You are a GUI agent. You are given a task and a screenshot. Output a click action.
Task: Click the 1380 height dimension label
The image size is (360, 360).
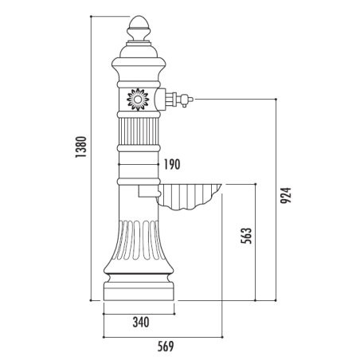tap(81, 147)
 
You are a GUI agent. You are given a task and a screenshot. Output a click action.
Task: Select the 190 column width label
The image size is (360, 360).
tap(172, 164)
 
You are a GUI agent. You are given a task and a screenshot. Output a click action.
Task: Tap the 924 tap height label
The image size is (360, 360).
tap(286, 195)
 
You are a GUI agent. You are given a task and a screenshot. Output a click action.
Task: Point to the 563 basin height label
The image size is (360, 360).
tap(246, 236)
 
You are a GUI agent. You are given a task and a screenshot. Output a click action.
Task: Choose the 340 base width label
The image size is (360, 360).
tap(141, 323)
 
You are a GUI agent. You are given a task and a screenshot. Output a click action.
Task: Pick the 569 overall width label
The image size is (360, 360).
tap(166, 346)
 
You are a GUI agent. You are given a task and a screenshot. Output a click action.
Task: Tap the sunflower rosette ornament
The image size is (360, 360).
tap(138, 100)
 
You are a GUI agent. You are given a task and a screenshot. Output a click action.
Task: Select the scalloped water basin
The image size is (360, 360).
tap(190, 196)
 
